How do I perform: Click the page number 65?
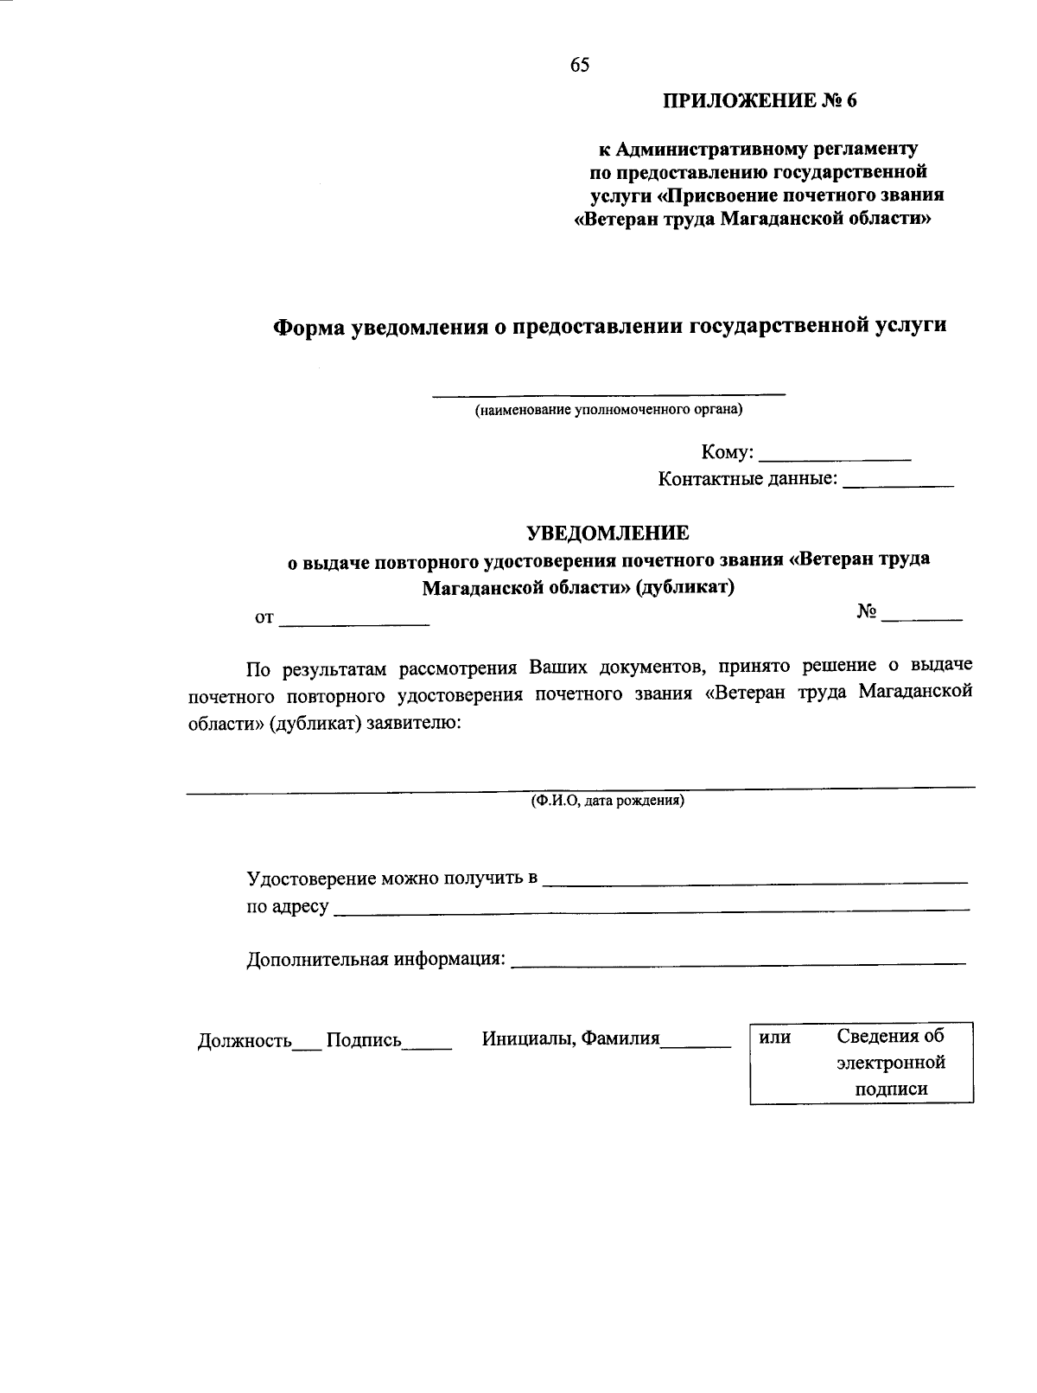[580, 65]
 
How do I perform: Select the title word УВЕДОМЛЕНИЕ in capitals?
[608, 533]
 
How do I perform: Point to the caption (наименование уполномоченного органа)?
[608, 410]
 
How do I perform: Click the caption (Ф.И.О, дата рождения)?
[608, 801]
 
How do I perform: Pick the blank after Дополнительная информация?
[739, 961]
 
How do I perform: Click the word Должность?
[245, 1040]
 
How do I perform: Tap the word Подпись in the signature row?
[364, 1040]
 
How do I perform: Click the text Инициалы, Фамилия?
[570, 1038]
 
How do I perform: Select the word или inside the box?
[775, 1037]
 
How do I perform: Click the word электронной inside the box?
[891, 1062]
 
